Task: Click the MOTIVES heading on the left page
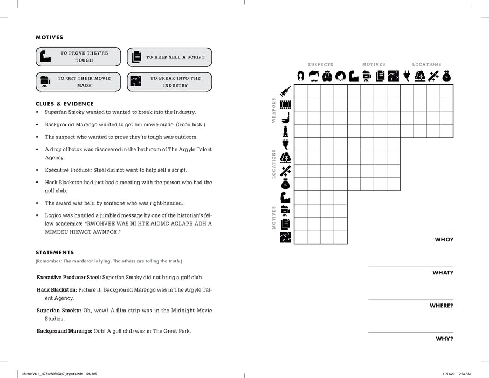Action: coord(49,38)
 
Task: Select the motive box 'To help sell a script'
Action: coord(169,57)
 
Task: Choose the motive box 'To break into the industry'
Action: coord(169,82)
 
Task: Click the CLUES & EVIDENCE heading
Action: coord(65,104)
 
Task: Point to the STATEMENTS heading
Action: coord(54,252)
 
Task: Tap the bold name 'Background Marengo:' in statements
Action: coord(64,330)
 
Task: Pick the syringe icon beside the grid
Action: coord(286,91)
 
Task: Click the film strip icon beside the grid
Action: coord(286,104)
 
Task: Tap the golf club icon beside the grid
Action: coord(286,117)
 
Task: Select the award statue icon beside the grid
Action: coord(286,131)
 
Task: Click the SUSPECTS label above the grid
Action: coord(320,65)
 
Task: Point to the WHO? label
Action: coord(444,239)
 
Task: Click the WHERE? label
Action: coord(441,306)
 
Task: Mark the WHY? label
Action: coord(444,339)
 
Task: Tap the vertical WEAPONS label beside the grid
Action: coord(273,111)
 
